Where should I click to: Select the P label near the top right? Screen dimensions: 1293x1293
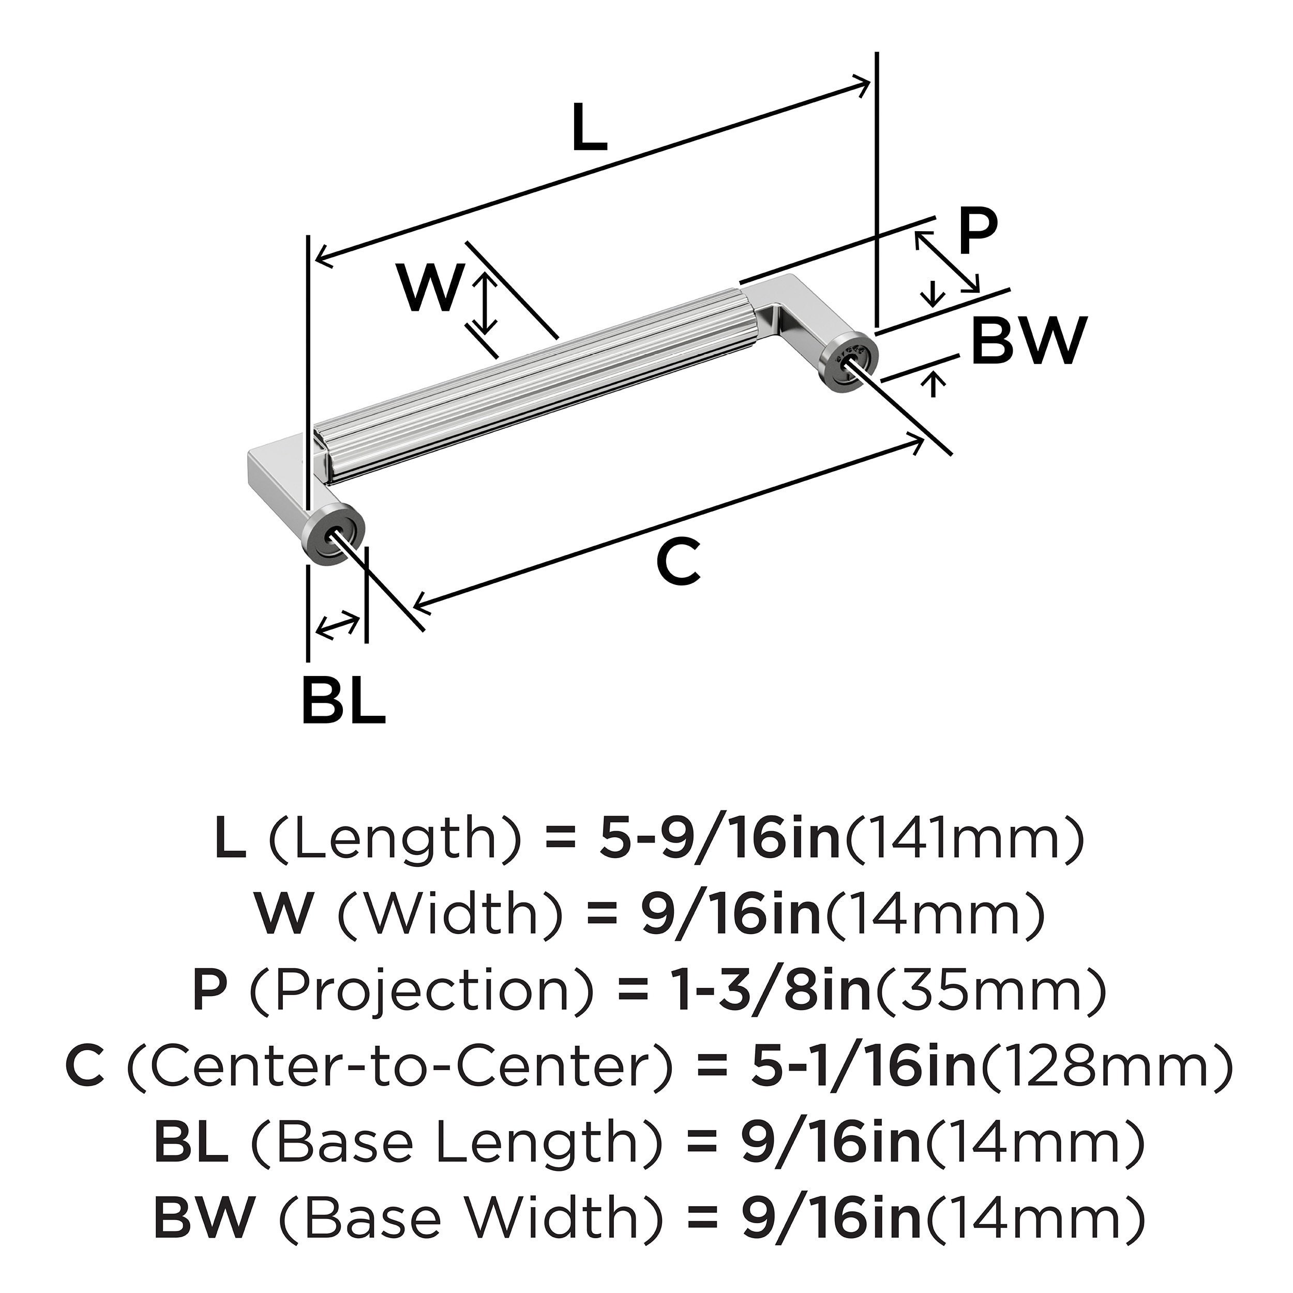pos(976,232)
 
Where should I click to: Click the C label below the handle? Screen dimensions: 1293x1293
pos(678,562)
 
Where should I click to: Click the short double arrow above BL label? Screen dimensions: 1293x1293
pos(337,624)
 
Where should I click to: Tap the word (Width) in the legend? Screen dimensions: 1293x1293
pos(449,915)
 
